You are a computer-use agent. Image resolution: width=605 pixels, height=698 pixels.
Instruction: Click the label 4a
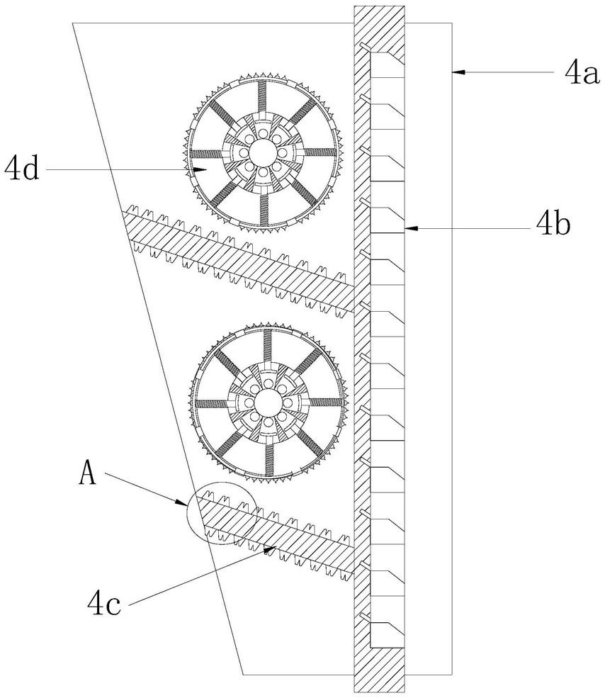[x=581, y=71]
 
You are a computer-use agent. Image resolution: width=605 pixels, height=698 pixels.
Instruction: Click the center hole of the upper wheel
[x=263, y=151]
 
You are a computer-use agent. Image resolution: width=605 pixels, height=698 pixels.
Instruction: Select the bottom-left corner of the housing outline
[x=244, y=673]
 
